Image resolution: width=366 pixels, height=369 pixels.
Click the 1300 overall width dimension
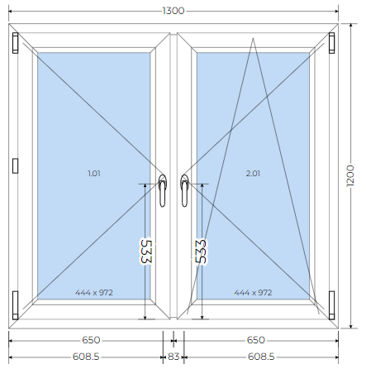tap(173, 11)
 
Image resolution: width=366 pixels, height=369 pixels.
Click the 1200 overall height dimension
tap(350, 176)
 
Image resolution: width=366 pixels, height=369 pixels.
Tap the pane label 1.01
tap(94, 174)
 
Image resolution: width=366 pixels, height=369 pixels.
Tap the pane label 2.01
tap(253, 174)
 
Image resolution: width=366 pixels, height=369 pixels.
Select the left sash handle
tap(163, 190)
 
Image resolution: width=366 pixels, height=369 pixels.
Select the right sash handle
tap(184, 190)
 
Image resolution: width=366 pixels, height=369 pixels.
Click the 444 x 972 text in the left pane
tap(94, 292)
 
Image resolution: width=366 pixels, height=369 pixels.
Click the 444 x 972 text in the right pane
tap(253, 292)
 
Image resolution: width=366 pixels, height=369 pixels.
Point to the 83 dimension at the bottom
tap(173, 357)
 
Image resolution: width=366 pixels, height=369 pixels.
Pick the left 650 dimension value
tap(91, 340)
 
